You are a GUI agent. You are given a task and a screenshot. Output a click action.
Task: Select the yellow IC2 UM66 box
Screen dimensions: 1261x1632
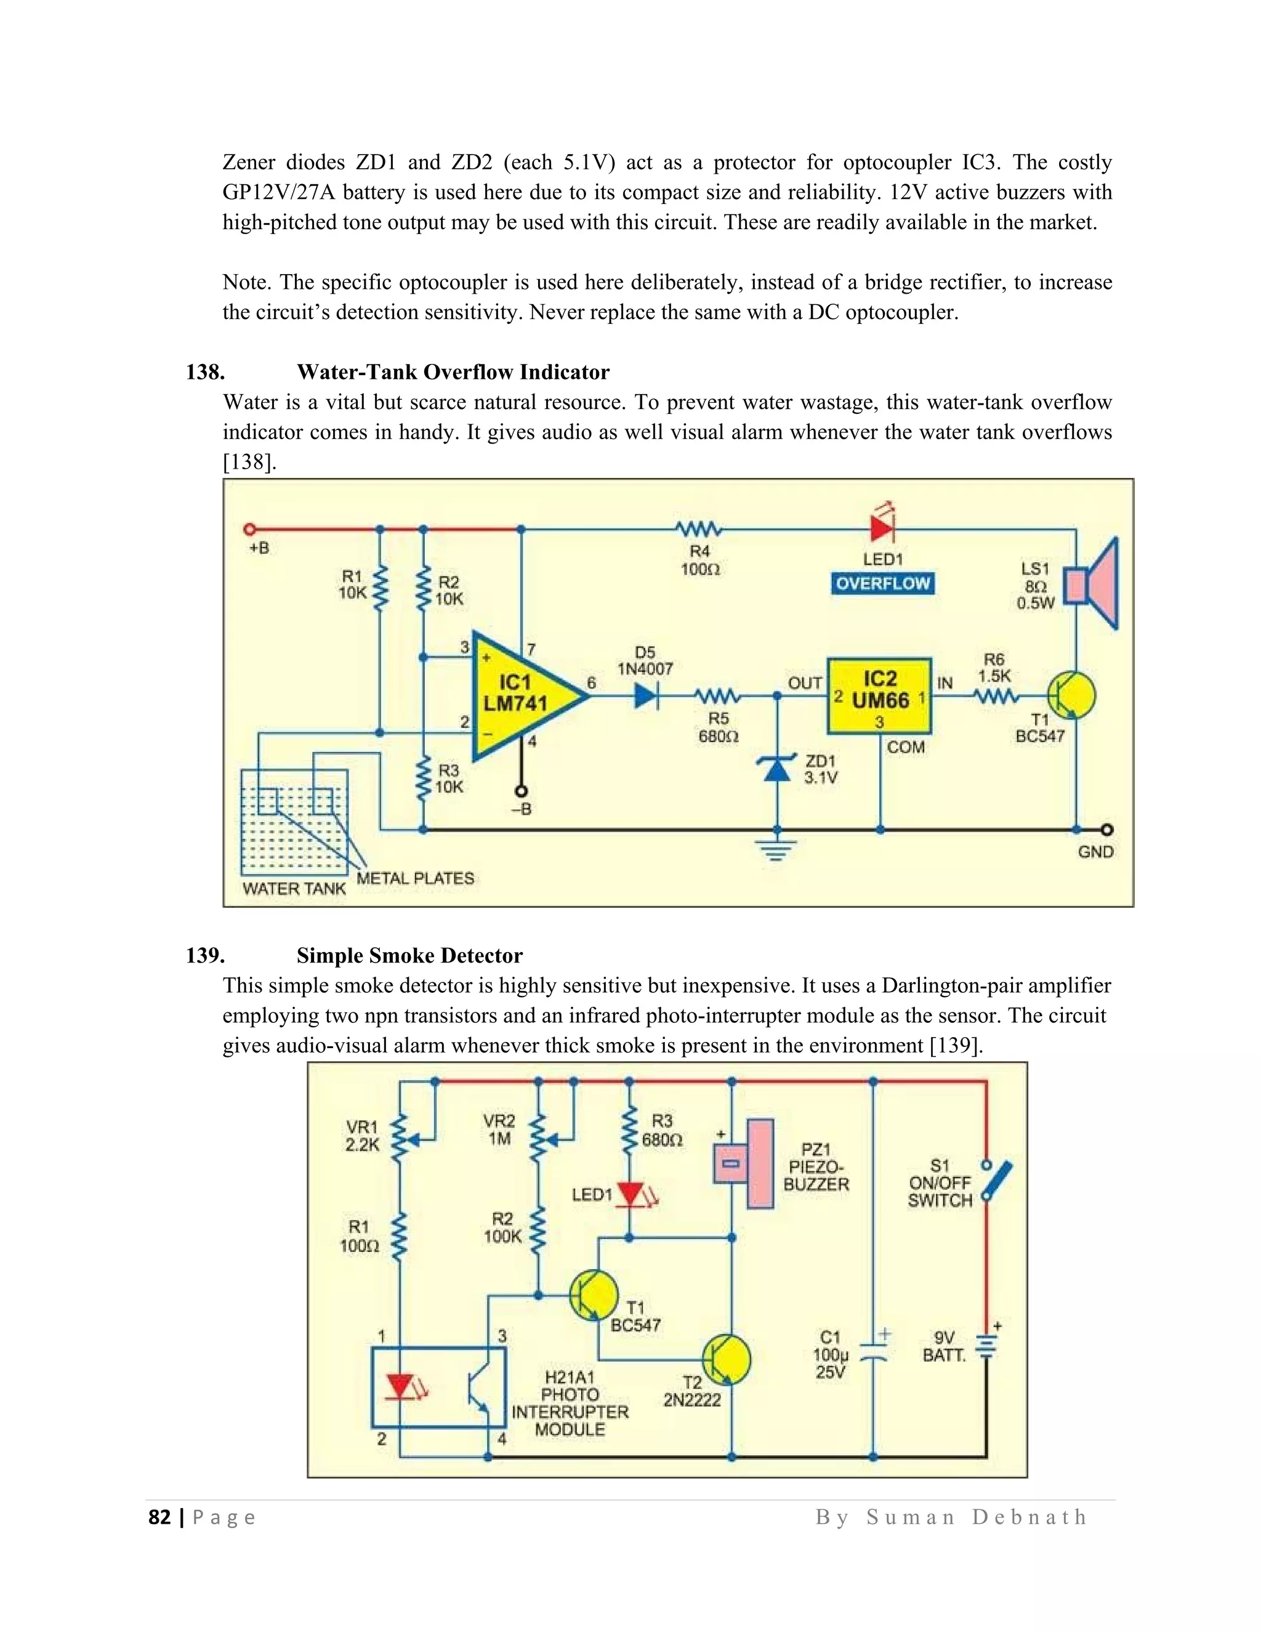[x=879, y=696]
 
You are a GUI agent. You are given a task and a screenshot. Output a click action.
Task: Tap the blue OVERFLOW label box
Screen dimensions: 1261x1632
[x=882, y=584]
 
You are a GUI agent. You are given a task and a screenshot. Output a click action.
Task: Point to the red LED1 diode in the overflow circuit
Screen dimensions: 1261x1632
[x=882, y=529]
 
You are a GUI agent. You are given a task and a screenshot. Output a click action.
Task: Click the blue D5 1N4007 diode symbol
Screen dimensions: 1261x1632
[x=646, y=697]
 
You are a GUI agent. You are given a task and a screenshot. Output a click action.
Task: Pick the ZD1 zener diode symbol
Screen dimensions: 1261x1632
[x=777, y=770]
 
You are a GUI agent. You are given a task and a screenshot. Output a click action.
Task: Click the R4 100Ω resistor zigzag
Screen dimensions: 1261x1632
[x=698, y=529]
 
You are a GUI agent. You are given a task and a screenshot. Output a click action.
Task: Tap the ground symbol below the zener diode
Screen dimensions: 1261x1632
[x=777, y=850]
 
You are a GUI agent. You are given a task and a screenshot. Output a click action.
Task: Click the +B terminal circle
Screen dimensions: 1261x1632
[x=249, y=529]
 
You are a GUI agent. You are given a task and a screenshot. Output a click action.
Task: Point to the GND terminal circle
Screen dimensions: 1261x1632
[x=1107, y=830]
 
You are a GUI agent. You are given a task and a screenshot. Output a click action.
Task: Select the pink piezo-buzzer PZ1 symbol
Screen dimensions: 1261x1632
[x=744, y=1163]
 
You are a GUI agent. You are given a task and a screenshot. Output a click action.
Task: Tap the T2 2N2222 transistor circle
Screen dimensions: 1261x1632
[x=726, y=1359]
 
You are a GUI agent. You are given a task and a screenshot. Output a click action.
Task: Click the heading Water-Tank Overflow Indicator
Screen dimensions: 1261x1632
[x=453, y=372]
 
